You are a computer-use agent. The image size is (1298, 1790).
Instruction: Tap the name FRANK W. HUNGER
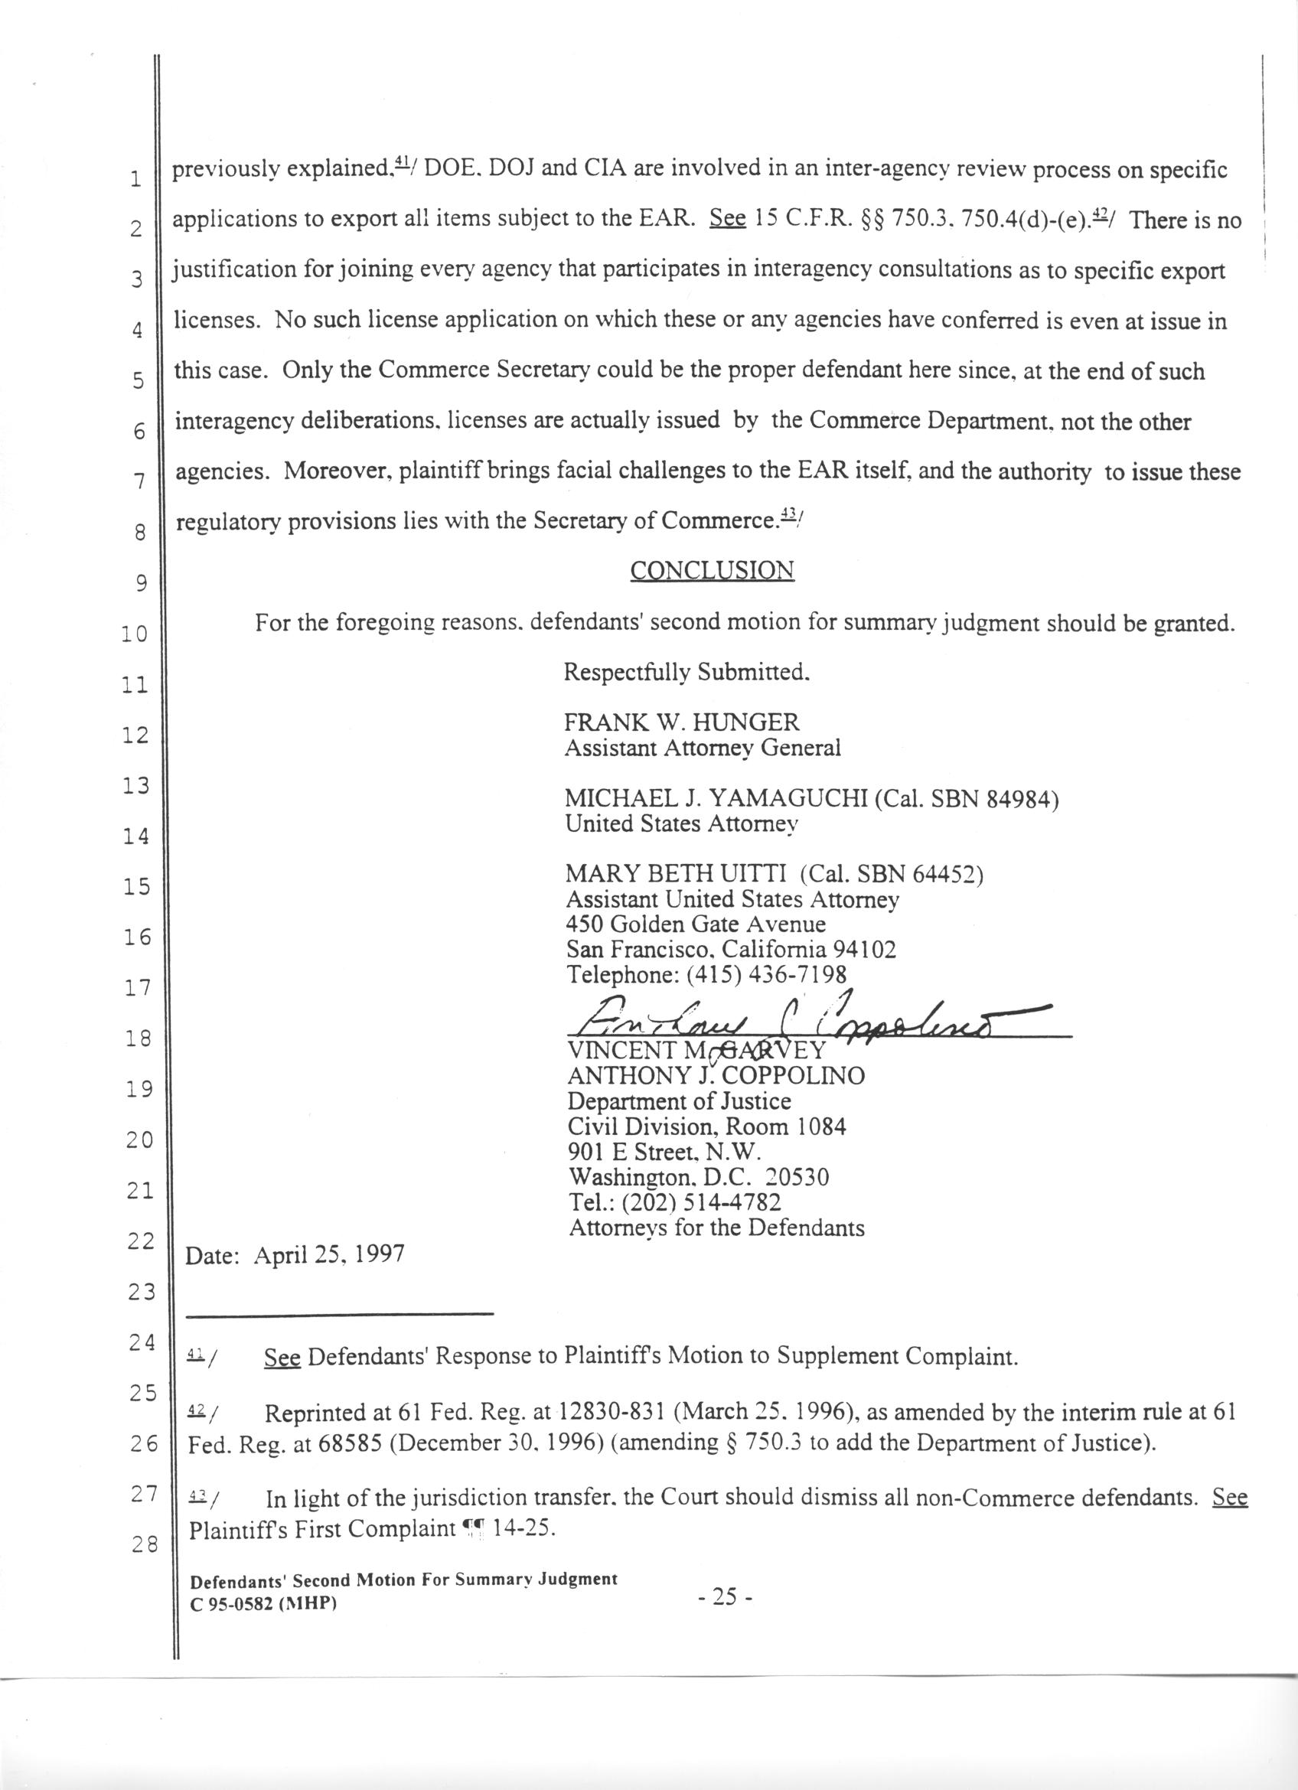(x=682, y=722)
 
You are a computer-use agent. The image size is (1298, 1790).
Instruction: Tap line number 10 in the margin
(x=135, y=634)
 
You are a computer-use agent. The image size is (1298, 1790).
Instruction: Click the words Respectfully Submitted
(x=687, y=673)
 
